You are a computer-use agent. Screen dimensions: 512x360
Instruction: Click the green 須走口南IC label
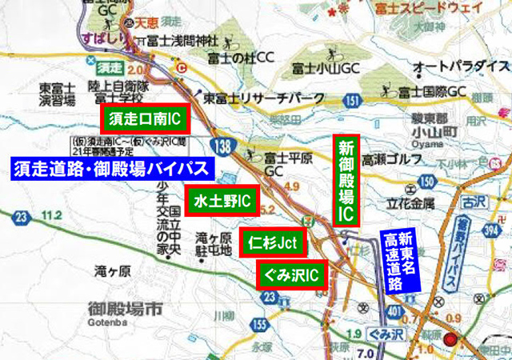click(x=144, y=120)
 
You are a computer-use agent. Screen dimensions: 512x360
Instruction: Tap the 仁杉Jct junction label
click(x=273, y=240)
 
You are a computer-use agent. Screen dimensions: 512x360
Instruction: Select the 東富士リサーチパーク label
click(x=264, y=98)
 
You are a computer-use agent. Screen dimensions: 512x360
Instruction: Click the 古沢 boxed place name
click(x=478, y=194)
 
